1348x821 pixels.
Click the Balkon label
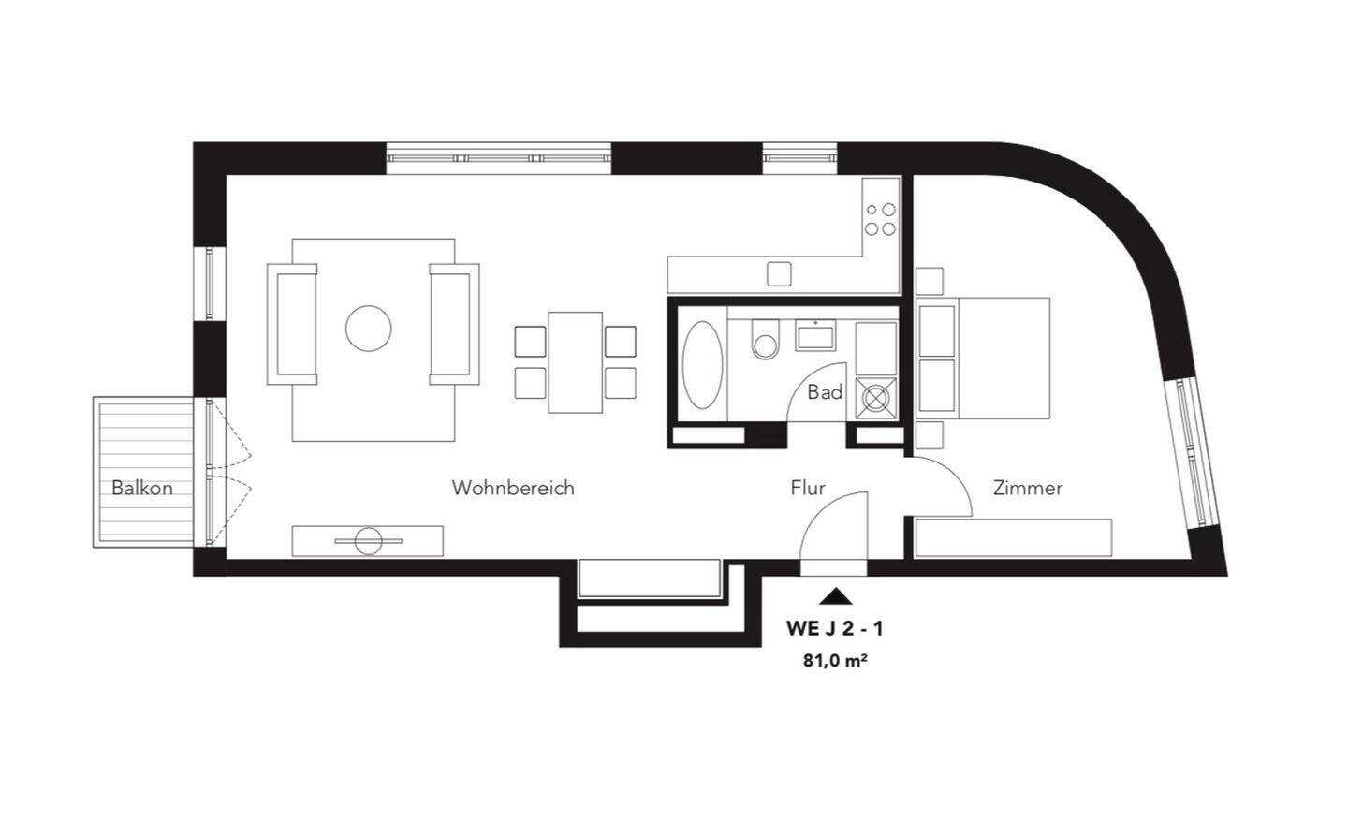pos(142,488)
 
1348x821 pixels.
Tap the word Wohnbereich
pos(513,488)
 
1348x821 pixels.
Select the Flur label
pos(808,488)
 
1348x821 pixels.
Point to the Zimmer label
pos(1028,488)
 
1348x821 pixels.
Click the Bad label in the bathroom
pos(825,392)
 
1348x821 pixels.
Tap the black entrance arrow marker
pos(836,595)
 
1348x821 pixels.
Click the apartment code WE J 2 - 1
pos(835,628)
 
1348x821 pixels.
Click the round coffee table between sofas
pos(368,329)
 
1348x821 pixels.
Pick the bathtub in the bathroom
pos(702,365)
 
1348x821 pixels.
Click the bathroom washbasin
pos(815,334)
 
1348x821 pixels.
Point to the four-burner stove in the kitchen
pos(880,219)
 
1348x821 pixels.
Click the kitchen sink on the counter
pos(779,273)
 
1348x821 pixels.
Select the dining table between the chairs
pos(575,362)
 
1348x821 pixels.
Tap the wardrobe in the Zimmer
pos(1013,538)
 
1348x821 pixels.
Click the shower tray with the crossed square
pos(875,398)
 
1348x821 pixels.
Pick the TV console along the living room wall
pos(367,541)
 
